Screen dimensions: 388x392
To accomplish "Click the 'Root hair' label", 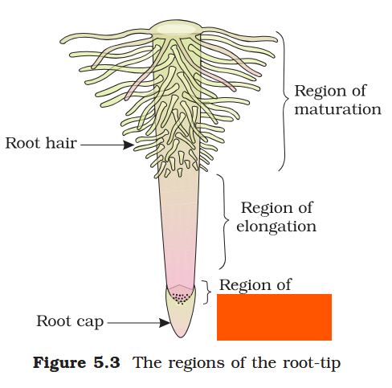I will [x=40, y=145].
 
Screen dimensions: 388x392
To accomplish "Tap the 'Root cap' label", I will [x=69, y=322].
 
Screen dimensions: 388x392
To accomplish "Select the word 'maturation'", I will [x=337, y=108].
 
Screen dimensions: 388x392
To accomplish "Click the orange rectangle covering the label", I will [x=274, y=317].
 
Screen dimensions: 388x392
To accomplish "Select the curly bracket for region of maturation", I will [x=282, y=100].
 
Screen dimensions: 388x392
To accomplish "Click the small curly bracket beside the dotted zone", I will [x=208, y=292].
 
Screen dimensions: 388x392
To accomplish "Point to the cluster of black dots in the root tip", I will [x=183, y=298].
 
